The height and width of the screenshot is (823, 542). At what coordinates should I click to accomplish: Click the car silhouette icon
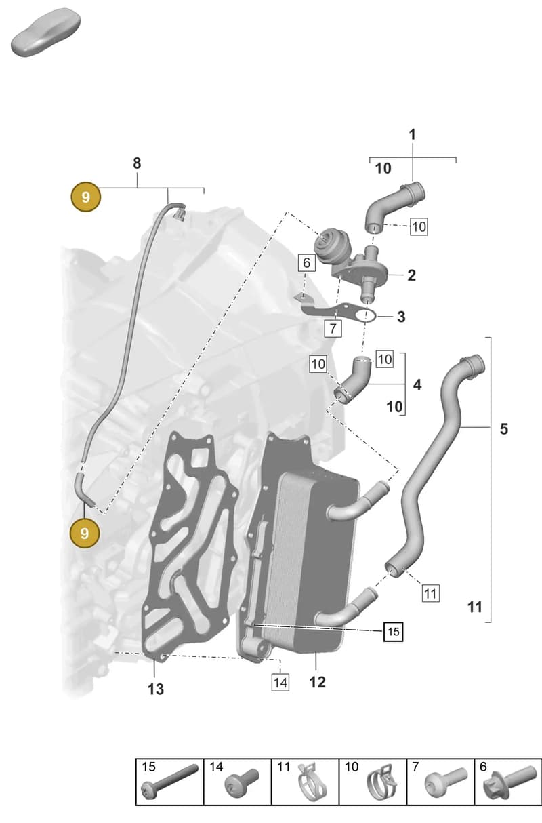(x=46, y=32)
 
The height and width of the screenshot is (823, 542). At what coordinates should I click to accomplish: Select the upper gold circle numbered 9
(x=85, y=197)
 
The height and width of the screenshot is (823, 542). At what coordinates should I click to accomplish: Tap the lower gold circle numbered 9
(x=85, y=533)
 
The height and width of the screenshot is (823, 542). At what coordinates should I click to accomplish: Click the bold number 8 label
(x=137, y=163)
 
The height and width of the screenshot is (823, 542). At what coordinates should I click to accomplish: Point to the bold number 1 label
(x=413, y=134)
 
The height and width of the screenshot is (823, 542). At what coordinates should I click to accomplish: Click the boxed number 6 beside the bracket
(x=306, y=263)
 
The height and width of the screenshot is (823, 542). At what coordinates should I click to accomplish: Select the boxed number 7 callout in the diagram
(x=333, y=328)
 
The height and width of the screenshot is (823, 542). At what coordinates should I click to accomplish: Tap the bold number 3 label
(x=401, y=317)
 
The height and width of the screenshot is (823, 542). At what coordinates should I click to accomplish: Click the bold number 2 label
(x=411, y=275)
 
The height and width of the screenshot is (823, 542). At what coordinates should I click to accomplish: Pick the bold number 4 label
(x=417, y=385)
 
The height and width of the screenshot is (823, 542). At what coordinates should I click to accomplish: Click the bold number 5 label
(x=504, y=428)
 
